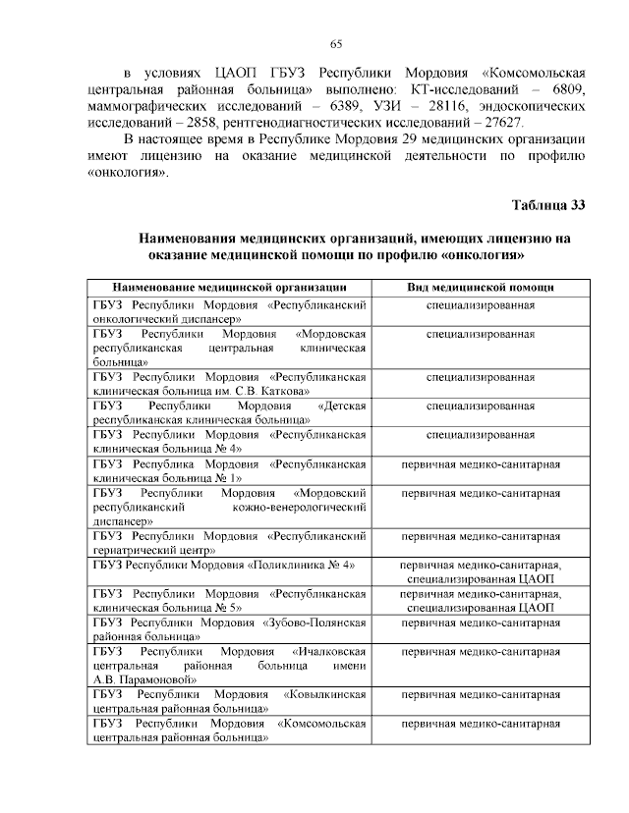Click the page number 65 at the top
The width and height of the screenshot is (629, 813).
(335, 43)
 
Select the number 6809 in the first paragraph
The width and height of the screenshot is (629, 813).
(566, 91)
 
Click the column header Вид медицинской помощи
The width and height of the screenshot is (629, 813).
(481, 288)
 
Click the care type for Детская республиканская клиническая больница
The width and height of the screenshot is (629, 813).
(481, 405)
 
